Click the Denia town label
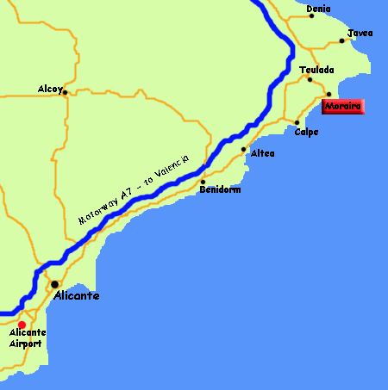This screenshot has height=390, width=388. [318, 9]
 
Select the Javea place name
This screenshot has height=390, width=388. [360, 34]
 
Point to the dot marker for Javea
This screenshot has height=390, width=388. [342, 40]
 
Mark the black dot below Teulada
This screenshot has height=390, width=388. [310, 79]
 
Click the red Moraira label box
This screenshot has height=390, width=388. [343, 107]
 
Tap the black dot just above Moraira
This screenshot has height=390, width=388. [329, 94]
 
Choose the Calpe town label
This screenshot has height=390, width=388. [306, 132]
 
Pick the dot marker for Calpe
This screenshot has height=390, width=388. [297, 122]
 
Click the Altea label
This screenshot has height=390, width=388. [263, 153]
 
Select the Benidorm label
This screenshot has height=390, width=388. [220, 189]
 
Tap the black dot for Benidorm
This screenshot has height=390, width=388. [203, 182]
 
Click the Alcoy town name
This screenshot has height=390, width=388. [50, 88]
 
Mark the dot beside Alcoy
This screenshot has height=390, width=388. [66, 92]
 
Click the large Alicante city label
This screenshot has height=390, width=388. [77, 295]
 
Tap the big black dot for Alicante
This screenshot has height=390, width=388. [54, 283]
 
